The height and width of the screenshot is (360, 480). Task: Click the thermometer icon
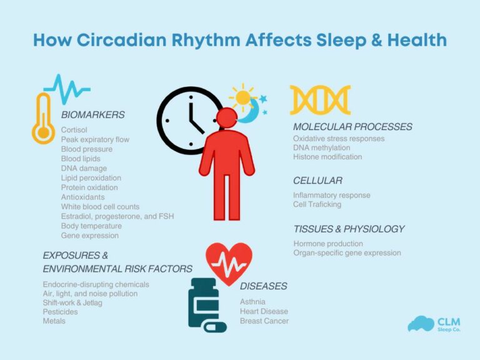pyautogui.click(x=43, y=118)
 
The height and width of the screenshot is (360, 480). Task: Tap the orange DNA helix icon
pyautogui.click(x=320, y=100)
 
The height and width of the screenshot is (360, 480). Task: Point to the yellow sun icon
pyautogui.click(x=242, y=97)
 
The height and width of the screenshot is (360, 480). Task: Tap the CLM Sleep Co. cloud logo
pyautogui.click(x=421, y=323)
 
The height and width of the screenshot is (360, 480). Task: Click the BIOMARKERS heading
pyautogui.click(x=92, y=115)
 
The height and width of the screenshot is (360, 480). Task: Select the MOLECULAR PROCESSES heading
pyautogui.click(x=352, y=127)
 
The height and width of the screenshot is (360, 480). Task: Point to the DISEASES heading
pyautogui.click(x=264, y=286)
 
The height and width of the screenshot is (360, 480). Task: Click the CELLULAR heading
pyautogui.click(x=317, y=181)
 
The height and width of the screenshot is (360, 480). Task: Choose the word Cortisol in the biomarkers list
pyautogui.click(x=74, y=129)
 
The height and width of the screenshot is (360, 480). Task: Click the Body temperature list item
pyautogui.click(x=91, y=226)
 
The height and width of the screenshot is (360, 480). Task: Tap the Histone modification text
pyautogui.click(x=327, y=157)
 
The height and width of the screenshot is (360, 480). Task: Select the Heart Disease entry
pyautogui.click(x=264, y=311)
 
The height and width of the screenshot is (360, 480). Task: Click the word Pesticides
pyautogui.click(x=61, y=311)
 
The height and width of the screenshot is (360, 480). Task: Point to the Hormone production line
pyautogui.click(x=328, y=243)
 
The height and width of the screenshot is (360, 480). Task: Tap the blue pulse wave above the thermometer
pyautogui.click(x=67, y=86)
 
